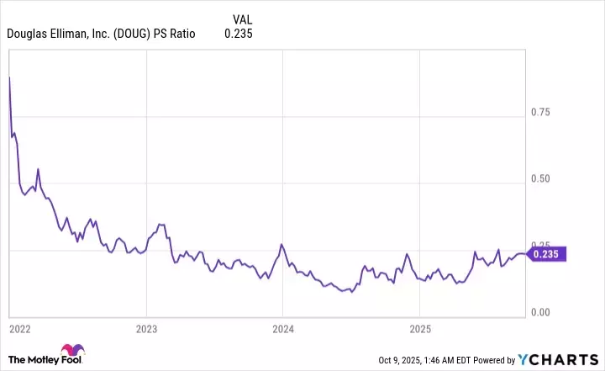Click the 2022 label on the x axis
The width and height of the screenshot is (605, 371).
[19, 326]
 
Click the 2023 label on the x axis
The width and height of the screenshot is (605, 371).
[146, 326]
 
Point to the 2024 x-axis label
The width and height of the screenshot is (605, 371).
[283, 326]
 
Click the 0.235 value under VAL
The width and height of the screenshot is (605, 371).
[239, 34]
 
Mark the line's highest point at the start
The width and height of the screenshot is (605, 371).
[9, 77]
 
